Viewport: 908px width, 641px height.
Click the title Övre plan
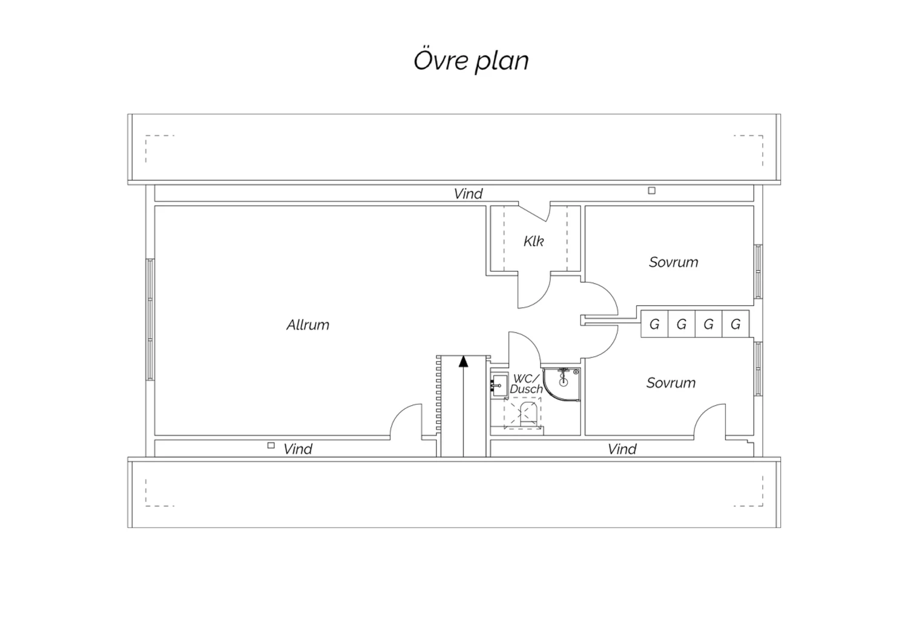pos(471,60)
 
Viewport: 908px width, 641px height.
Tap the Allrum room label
pos(308,325)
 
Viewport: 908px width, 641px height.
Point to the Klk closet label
pos(533,241)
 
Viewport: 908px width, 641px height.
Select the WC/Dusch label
pos(526,384)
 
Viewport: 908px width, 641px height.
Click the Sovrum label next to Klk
pos(674,262)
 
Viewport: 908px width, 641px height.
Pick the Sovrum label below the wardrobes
pos(671,383)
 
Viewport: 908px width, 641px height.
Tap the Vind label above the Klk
pos(468,194)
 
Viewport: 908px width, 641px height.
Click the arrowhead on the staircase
pos(463,361)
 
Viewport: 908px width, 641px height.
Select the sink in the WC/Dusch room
pos(499,385)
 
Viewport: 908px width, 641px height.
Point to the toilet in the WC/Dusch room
pos(528,414)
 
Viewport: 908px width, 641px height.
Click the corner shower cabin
pos(561,384)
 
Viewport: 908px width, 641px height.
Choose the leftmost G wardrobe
pos(654,324)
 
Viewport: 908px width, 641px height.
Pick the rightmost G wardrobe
pos(735,324)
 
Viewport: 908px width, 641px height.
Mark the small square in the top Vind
pos(652,190)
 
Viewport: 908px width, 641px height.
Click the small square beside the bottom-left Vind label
pos(271,446)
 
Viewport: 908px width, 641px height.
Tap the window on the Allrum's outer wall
pos(150,319)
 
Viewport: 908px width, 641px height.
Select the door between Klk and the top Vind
pos(535,212)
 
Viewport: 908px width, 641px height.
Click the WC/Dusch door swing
pos(525,348)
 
